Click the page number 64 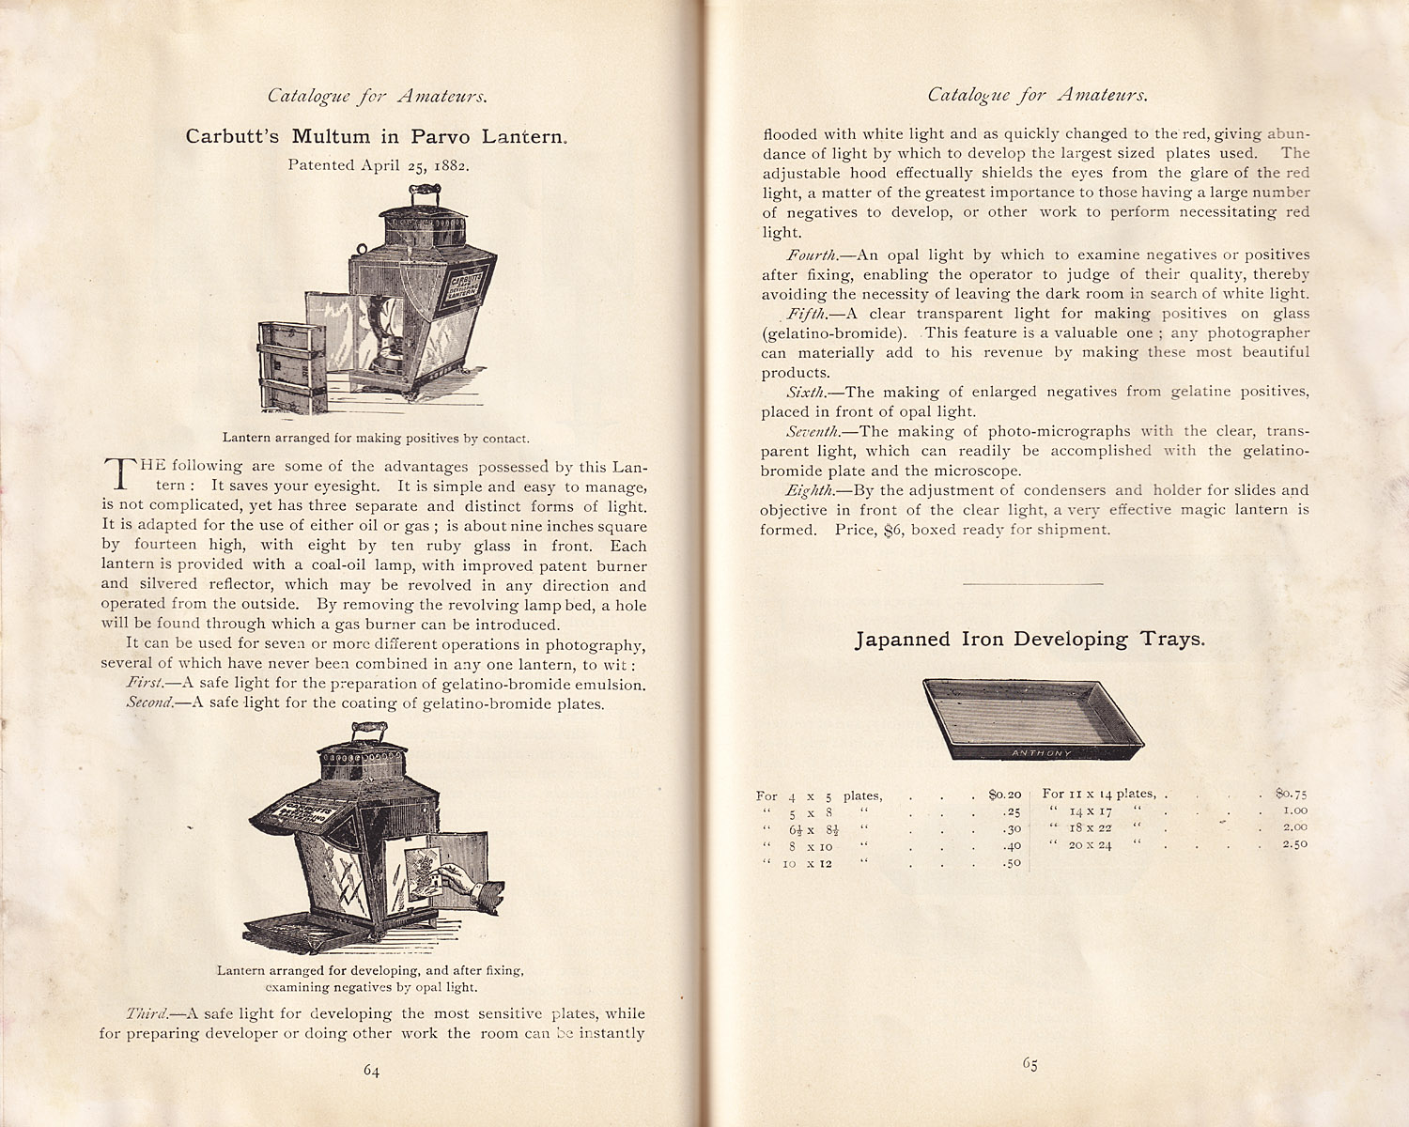coord(371,1071)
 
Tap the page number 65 coord(1030,1064)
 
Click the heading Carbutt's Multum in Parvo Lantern coord(376,136)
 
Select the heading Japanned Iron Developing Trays coord(1030,640)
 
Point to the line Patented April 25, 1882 coord(379,164)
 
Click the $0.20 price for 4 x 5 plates coord(1004,795)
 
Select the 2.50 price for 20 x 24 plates coord(1294,844)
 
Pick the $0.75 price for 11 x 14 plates coord(1292,794)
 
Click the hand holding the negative coord(465,881)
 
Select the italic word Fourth coord(812,255)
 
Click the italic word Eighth coord(809,490)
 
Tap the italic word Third coord(148,1013)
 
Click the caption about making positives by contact coord(376,438)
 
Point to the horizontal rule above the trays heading coord(1032,584)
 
